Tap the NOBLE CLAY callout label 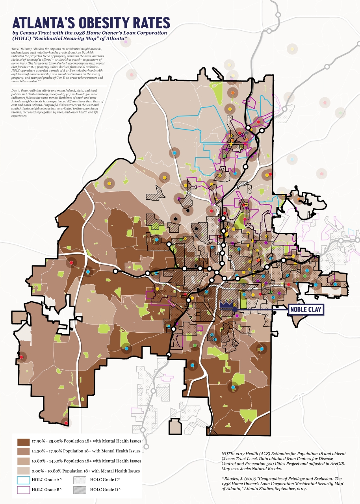click(306, 310)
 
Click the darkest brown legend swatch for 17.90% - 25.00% click(23, 441)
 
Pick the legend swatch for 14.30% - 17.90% click(23, 451)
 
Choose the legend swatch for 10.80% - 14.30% click(23, 461)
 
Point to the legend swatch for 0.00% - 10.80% click(23, 471)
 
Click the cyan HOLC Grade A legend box click(23, 480)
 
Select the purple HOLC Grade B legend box click(23, 490)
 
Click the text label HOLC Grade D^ click(105, 490)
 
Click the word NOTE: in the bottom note click(228, 454)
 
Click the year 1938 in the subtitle click(74, 33)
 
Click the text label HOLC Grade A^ click(48, 480)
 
